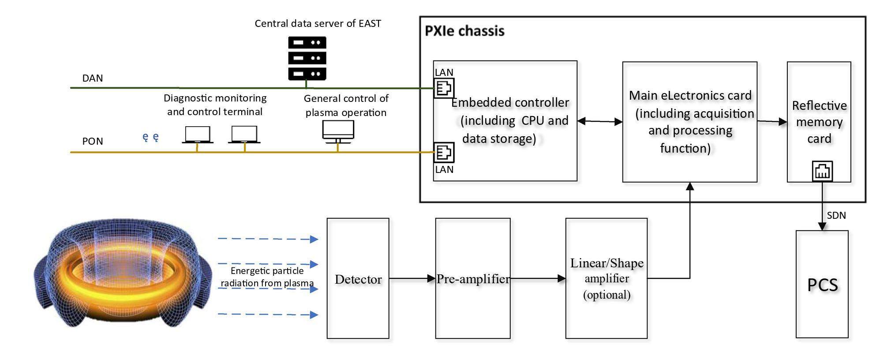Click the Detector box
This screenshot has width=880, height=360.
pyautogui.click(x=358, y=278)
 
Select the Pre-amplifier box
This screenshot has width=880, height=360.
pyautogui.click(x=472, y=278)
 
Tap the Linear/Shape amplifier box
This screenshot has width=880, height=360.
pyautogui.click(x=606, y=278)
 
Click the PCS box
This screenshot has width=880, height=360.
pyautogui.click(x=822, y=285)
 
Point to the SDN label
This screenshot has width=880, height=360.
pyautogui.click(x=836, y=215)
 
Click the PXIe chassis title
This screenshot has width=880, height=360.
pyautogui.click(x=464, y=31)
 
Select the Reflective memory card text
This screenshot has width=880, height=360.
pyautogui.click(x=819, y=122)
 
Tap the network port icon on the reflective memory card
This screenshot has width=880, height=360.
pyautogui.click(x=822, y=171)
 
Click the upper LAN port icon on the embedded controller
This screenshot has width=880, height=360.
pyautogui.click(x=444, y=88)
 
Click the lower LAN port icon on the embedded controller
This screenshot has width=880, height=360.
pyautogui.click(x=444, y=153)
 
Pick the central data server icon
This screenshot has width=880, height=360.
pyautogui.click(x=307, y=58)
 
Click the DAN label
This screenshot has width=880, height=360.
pyautogui.click(x=93, y=78)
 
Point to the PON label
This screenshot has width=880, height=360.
pyautogui.click(x=93, y=141)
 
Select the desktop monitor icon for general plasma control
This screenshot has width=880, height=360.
pyautogui.click(x=338, y=131)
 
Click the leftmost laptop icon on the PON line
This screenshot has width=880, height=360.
pyautogui.click(x=198, y=135)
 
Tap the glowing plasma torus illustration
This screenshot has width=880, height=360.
pyautogui.click(x=123, y=274)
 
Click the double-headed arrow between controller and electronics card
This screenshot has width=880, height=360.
pyautogui.click(x=599, y=121)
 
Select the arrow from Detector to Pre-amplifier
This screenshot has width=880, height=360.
pyautogui.click(x=412, y=278)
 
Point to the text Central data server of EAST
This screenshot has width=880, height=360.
pyautogui.click(x=318, y=23)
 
